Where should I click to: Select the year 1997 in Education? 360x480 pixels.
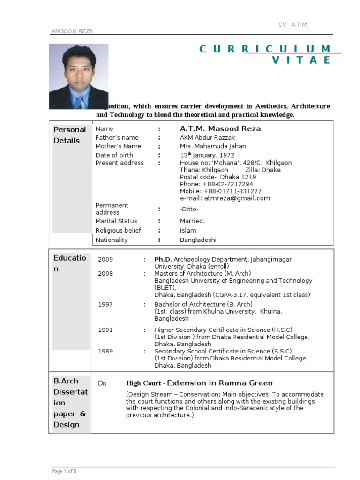coord(105,304)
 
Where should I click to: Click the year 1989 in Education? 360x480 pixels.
coord(105,351)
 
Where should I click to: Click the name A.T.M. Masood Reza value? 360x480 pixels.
coord(220,129)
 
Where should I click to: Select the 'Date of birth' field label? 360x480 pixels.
coord(114,155)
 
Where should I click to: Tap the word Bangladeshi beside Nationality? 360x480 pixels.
coord(198,240)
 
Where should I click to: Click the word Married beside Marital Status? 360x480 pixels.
coord(192,221)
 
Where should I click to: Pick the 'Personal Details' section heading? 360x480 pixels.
coord(70,135)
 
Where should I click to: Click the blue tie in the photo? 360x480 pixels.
coord(80,101)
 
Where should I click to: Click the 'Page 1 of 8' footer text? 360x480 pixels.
coord(64,471)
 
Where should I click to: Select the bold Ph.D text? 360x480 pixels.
coord(162,259)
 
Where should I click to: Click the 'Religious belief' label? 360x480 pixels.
coord(118,231)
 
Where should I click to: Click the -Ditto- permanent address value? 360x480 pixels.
coord(190,209)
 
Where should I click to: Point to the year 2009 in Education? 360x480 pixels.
coord(105,259)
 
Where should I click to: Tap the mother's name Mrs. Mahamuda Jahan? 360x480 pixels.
coord(213,146)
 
